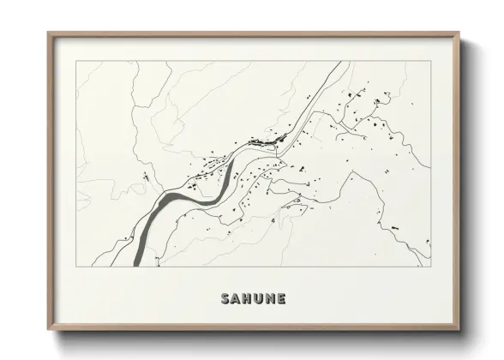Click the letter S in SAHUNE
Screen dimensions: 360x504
point(225,299)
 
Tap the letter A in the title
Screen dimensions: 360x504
point(237,299)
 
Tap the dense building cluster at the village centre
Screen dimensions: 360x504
point(267,140)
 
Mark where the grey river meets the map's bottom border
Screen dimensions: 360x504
point(139,265)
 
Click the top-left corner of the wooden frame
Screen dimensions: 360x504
point(48,33)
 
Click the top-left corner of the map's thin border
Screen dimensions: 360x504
point(76,61)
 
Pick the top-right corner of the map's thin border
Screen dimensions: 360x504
point(430,61)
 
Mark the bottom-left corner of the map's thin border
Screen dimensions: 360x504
point(76,266)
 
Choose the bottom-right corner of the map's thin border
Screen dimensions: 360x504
point(430,266)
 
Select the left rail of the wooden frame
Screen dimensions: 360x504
point(50,180)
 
